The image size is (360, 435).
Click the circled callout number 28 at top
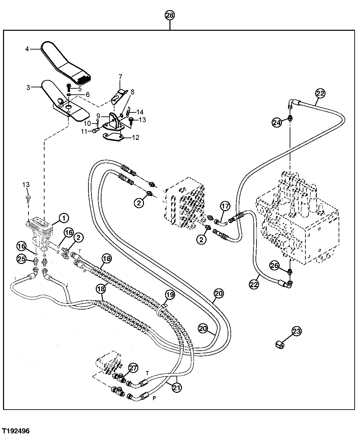[x=170, y=15]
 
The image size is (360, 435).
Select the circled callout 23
[x=296, y=331]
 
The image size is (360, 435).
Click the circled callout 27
[x=133, y=368]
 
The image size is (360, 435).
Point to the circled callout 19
[x=170, y=295]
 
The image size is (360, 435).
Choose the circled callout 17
[x=225, y=206]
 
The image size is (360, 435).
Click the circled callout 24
[x=276, y=123]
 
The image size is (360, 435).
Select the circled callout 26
[x=275, y=266]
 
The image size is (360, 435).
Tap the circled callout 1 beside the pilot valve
[x=63, y=218]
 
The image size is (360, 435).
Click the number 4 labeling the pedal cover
[x=27, y=49]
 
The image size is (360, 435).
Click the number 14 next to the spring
[x=140, y=112]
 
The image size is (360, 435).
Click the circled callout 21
[x=176, y=387]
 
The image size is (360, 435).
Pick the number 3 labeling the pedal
[x=28, y=87]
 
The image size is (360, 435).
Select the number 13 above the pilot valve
[x=26, y=184]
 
